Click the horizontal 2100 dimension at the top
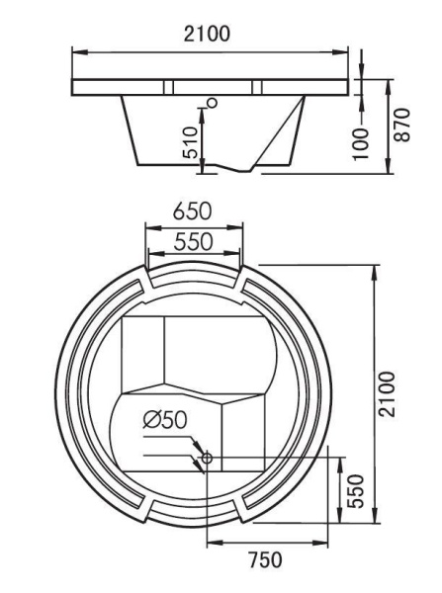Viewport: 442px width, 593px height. [x=210, y=33]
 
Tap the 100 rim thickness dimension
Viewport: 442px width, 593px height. [x=363, y=143]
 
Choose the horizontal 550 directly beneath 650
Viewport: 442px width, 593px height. [x=194, y=240]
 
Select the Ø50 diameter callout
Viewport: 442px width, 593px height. [x=160, y=420]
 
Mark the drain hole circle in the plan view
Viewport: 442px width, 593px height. [x=206, y=457]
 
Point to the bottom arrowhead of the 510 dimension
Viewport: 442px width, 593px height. [x=202, y=169]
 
